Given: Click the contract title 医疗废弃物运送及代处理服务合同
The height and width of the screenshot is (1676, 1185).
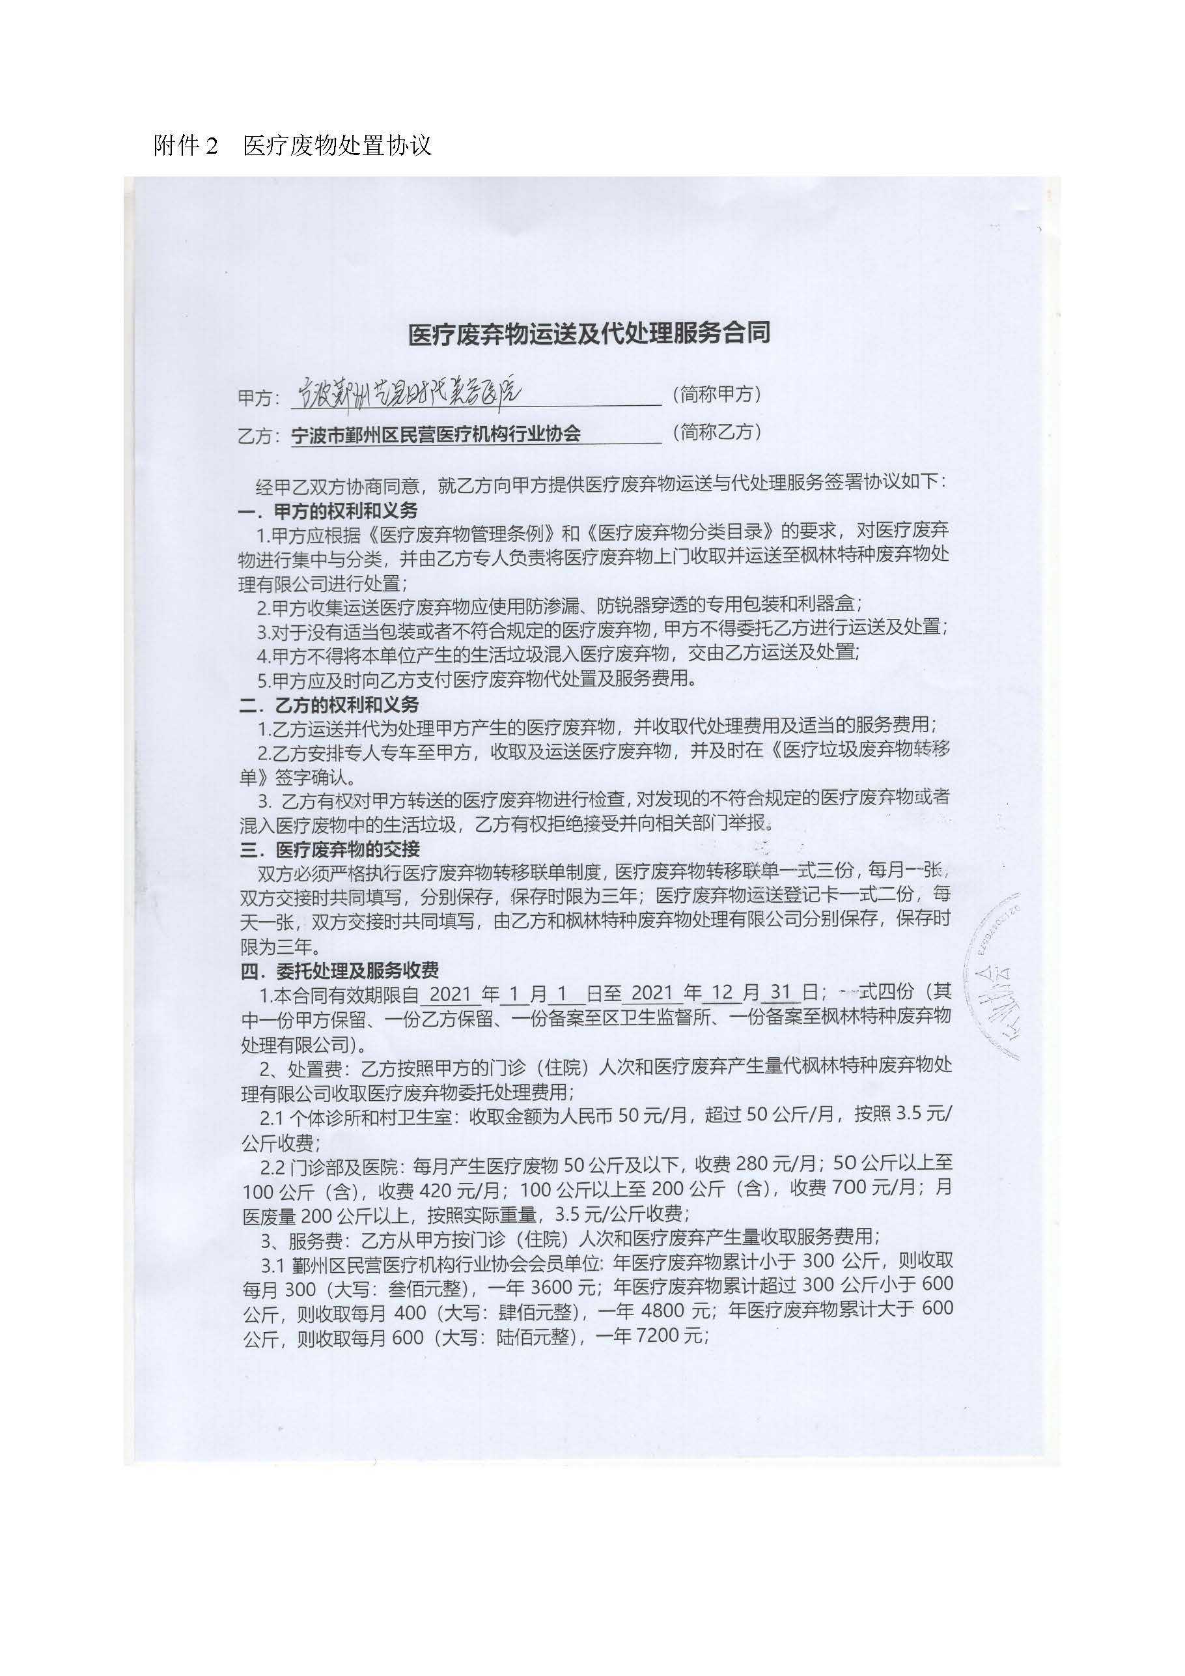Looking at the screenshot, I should pos(589,334).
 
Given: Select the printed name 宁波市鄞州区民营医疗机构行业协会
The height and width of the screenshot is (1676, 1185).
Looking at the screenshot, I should pos(436,434).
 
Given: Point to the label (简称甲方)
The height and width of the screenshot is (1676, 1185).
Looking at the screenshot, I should pos(717,394).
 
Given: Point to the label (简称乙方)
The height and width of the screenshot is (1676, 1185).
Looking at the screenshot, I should pos(717,432).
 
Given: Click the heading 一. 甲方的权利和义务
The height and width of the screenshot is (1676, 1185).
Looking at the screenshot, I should pos(329,510).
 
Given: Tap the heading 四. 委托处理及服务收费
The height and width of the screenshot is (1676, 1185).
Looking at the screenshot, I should pos(339,970).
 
